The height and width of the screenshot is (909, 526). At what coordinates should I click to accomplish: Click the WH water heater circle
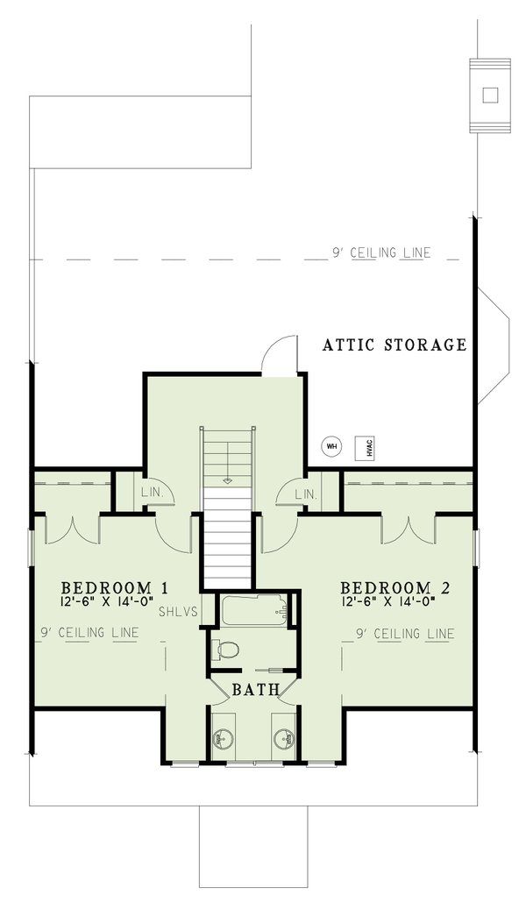click(x=331, y=446)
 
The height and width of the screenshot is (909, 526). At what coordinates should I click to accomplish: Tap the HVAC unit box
click(x=362, y=447)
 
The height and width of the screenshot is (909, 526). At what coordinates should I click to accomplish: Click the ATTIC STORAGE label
click(x=394, y=345)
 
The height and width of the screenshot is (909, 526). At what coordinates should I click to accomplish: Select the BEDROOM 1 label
click(x=114, y=587)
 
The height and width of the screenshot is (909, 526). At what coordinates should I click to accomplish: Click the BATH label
click(x=254, y=691)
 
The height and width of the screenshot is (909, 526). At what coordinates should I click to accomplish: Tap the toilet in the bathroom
click(x=227, y=650)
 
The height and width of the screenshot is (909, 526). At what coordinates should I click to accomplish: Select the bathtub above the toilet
click(x=254, y=610)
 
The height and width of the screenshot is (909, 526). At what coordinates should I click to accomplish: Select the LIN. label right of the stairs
click(x=306, y=494)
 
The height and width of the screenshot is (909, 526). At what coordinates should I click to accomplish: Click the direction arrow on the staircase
click(x=228, y=479)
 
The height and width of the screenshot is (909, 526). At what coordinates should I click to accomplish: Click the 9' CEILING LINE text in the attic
click(x=381, y=253)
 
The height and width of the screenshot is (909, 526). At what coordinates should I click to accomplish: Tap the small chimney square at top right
click(x=490, y=96)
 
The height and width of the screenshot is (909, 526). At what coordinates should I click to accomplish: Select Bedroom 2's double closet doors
click(x=409, y=529)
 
